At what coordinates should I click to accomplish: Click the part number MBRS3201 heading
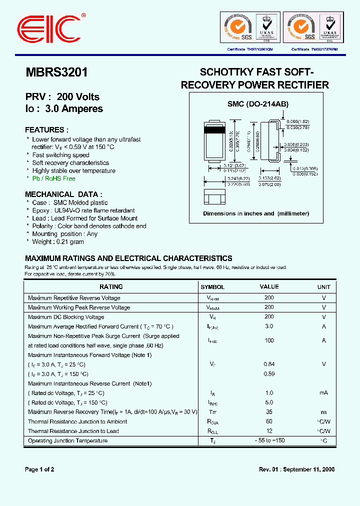tap(56, 72)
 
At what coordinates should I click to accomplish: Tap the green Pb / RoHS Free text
tap(53, 178)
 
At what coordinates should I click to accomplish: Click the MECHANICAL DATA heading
tap(63, 194)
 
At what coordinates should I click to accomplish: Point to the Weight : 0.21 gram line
tap(58, 242)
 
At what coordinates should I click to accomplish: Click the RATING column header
tap(111, 287)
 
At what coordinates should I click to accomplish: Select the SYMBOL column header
tap(212, 287)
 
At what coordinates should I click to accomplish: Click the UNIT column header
tap(323, 287)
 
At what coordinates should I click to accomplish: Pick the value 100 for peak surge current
tap(269, 340)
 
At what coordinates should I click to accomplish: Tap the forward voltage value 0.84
tap(269, 364)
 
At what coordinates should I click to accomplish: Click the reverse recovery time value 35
tap(269, 412)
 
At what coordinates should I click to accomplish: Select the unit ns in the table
tap(323, 412)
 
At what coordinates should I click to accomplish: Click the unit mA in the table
tap(323, 393)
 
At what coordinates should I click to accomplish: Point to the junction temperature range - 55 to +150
tap(269, 440)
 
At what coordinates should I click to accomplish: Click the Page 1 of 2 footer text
tap(39, 469)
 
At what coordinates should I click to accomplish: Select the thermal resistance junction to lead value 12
tap(269, 431)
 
